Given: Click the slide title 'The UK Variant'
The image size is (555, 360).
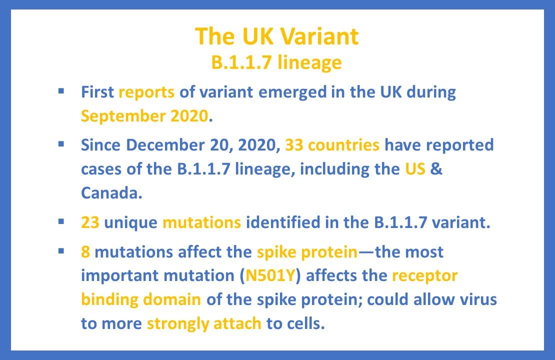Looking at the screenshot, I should (x=276, y=36).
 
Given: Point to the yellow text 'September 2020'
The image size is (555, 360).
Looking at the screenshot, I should (x=144, y=116).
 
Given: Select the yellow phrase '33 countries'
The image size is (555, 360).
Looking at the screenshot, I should (x=332, y=145).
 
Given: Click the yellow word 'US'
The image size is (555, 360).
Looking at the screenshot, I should (x=415, y=169).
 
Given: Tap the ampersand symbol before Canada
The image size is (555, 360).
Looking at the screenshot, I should (x=436, y=169).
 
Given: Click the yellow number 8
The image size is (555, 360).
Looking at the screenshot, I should (x=85, y=251).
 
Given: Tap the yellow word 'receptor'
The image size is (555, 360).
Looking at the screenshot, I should (x=425, y=275).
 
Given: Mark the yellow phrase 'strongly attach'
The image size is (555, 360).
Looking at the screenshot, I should (x=204, y=323).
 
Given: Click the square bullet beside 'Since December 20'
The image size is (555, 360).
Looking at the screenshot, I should (x=61, y=144).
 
